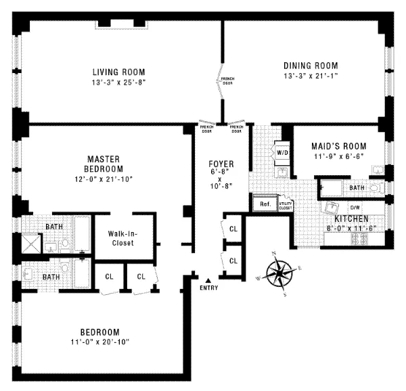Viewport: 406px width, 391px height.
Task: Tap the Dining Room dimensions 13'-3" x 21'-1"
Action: click(311, 76)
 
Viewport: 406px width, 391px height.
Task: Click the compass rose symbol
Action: click(279, 274)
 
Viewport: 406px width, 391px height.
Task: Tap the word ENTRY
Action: click(210, 289)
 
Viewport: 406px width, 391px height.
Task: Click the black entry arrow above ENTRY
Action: click(209, 280)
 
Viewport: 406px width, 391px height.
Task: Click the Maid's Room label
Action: click(338, 146)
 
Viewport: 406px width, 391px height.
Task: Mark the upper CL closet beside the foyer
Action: click(233, 229)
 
